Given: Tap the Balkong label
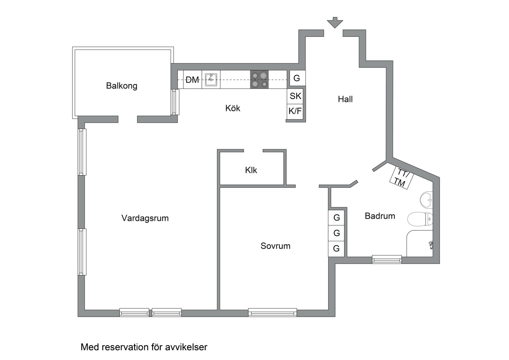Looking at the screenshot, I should point(122,86).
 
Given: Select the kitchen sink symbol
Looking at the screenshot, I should point(211,80).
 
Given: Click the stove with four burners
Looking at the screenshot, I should point(259,80).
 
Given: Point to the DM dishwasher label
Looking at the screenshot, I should point(192,80).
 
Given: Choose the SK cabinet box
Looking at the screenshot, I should point(295,96).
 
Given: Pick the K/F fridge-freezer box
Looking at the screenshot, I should point(295,111).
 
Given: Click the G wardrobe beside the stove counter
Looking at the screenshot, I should point(296,78).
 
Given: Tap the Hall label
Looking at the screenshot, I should point(345,99).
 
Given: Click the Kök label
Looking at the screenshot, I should point(233,108).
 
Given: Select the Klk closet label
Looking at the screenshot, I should point(251,170).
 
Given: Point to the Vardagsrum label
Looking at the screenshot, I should point(145,218).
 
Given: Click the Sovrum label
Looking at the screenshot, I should point(275,246).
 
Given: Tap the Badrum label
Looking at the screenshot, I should point(380,216).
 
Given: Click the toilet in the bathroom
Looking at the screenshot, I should point(420,219).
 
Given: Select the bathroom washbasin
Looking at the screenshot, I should point(426,200).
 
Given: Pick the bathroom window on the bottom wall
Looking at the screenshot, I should point(387,259).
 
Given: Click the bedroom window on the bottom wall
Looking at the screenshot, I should point(272,312).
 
